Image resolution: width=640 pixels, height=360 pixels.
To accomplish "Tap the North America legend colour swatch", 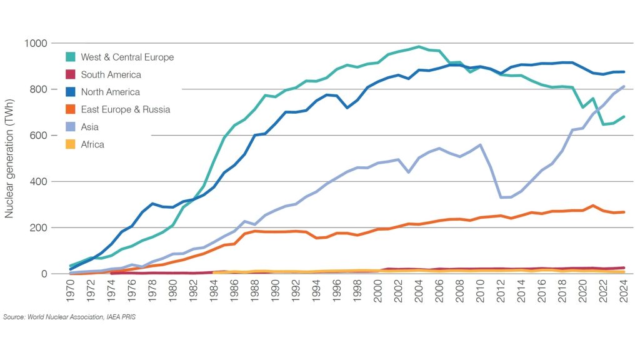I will (x=71, y=92).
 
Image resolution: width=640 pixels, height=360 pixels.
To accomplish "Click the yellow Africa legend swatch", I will (x=71, y=144).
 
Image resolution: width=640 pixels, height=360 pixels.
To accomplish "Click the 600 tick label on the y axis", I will (x=37, y=136).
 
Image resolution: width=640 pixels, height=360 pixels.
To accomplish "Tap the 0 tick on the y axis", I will (x=44, y=274).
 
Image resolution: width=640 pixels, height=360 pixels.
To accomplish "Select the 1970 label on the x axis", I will (x=70, y=292).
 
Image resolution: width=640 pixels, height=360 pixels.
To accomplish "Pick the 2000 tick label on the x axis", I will (x=378, y=292).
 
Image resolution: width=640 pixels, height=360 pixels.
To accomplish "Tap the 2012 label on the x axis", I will (x=501, y=292).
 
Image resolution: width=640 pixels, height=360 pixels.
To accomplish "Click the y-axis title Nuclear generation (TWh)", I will (x=10, y=158).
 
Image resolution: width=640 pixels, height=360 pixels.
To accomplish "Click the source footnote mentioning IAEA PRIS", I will (x=70, y=317).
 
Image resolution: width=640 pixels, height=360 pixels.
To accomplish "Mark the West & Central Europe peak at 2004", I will (x=419, y=47).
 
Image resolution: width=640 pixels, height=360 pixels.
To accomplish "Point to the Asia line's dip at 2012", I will (x=501, y=197).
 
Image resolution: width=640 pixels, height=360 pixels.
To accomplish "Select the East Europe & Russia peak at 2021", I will (x=593, y=206).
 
